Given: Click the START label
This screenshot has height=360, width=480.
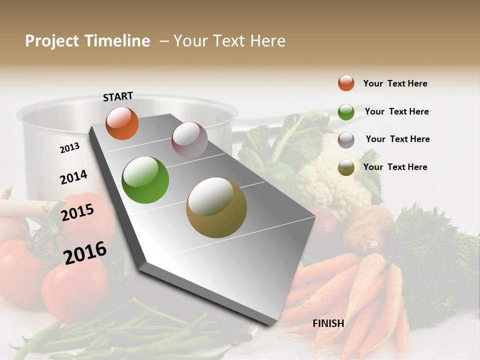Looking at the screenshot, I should pyautogui.click(x=118, y=96).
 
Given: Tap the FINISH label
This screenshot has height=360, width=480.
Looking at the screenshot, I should pyautogui.click(x=328, y=323).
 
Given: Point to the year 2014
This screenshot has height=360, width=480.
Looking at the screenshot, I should pyautogui.click(x=73, y=177).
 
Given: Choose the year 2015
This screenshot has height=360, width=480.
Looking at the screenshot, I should pyautogui.click(x=77, y=212).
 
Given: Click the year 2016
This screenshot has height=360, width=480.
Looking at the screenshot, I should pyautogui.click(x=85, y=252).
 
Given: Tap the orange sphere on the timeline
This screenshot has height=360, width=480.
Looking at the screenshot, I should pyautogui.click(x=122, y=123).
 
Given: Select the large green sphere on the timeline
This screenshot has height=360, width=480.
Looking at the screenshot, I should pyautogui.click(x=145, y=180).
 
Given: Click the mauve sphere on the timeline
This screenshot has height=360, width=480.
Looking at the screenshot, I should pyautogui.click(x=189, y=139).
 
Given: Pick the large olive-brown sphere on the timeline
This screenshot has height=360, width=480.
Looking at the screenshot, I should pyautogui.click(x=216, y=207).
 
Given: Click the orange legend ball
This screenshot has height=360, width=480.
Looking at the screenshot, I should pyautogui.click(x=346, y=83).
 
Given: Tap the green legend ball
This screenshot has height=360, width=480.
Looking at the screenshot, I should pyautogui.click(x=346, y=112).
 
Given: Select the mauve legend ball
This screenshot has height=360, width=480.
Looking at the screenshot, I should pyautogui.click(x=346, y=140).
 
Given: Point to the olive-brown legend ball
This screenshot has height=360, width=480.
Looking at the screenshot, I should pyautogui.click(x=346, y=167).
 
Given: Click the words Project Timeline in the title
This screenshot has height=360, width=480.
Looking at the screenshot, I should pyautogui.click(x=87, y=41).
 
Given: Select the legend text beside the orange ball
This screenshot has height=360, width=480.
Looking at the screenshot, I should pyautogui.click(x=395, y=83).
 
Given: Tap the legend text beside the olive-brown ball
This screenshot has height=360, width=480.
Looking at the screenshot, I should pyautogui.click(x=395, y=167).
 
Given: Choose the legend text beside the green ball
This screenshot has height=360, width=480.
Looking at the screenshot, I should pyautogui.click(x=396, y=111).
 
